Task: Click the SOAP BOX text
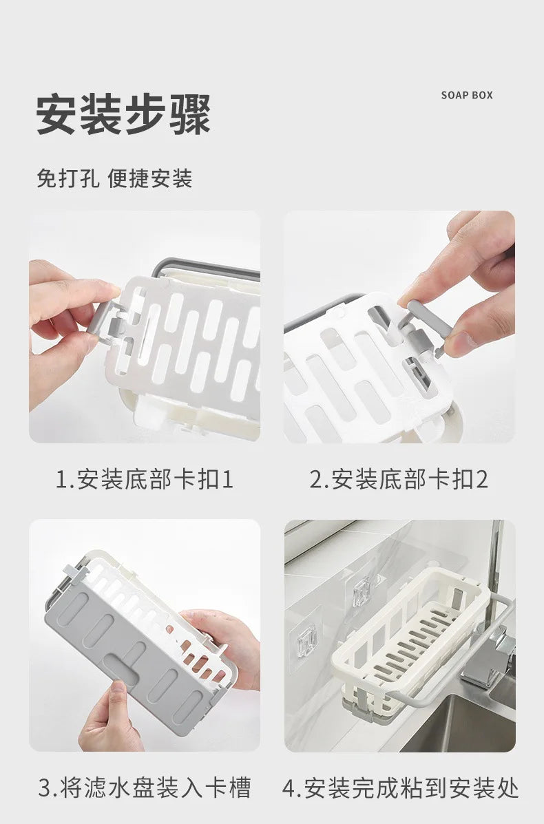click(x=467, y=95)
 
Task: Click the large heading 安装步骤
click(x=123, y=114)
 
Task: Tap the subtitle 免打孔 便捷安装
click(x=114, y=179)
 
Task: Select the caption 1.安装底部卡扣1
click(x=145, y=479)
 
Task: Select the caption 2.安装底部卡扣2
click(x=399, y=479)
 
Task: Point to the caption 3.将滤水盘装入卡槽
click(x=145, y=788)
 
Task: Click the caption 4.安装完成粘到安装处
click(x=400, y=788)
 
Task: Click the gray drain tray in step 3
click(x=132, y=654)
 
